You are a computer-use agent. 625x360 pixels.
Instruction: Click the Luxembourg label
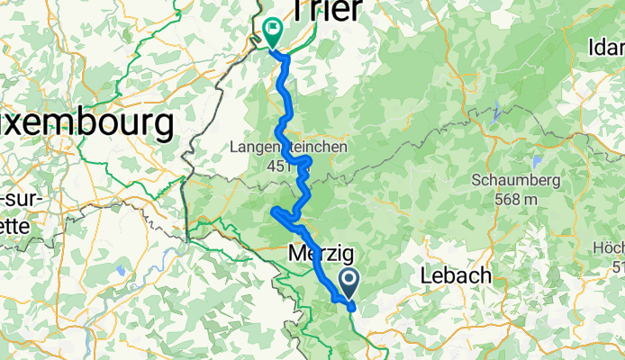pyautogui.click(x=86, y=124)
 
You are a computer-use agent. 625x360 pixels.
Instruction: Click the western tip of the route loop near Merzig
pyautogui.click(x=272, y=211)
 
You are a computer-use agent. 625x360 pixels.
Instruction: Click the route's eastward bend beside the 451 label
pyautogui.click(x=308, y=162)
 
